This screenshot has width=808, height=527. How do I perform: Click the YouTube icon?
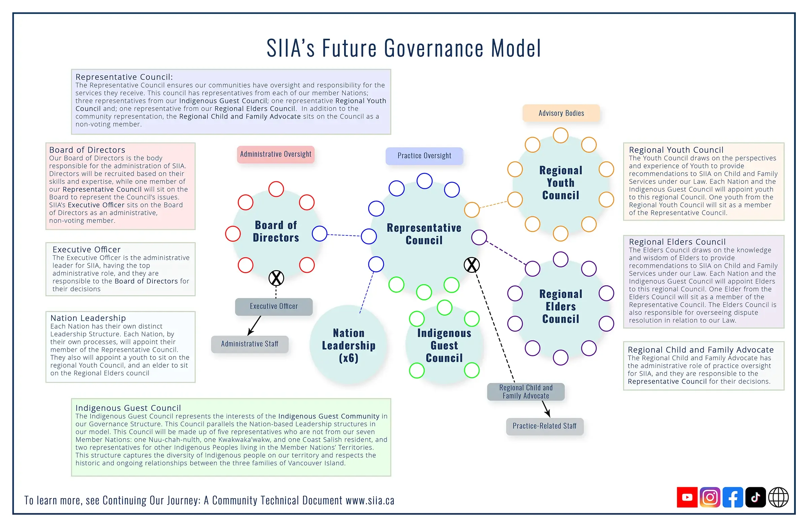point(687,497)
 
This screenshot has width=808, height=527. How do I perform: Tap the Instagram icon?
point(710,497)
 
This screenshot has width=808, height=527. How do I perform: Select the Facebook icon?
point(733,497)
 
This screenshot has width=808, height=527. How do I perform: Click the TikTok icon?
point(755,497)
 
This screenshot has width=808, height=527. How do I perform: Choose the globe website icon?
point(778,497)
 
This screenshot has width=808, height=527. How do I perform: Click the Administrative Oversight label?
point(276,154)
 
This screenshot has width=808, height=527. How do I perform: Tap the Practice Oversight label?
point(425,156)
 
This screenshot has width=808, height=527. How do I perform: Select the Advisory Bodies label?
point(561,113)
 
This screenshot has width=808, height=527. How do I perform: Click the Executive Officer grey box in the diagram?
point(274,306)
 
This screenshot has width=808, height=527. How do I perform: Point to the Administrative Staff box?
point(249,344)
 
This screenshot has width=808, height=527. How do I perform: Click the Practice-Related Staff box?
point(544,426)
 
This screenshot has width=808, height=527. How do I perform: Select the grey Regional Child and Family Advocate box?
point(526,392)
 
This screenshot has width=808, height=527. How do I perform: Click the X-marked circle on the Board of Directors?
point(276,278)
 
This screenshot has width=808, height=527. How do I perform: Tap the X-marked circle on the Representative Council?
point(472,265)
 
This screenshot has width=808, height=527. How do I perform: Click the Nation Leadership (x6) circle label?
point(349,345)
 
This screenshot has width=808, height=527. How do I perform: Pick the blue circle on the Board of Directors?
point(319,233)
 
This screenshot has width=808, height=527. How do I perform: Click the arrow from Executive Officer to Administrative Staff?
point(254,325)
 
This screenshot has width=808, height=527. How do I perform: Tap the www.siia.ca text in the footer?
point(370,500)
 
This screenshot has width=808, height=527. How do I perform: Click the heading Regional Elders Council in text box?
point(677,242)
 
